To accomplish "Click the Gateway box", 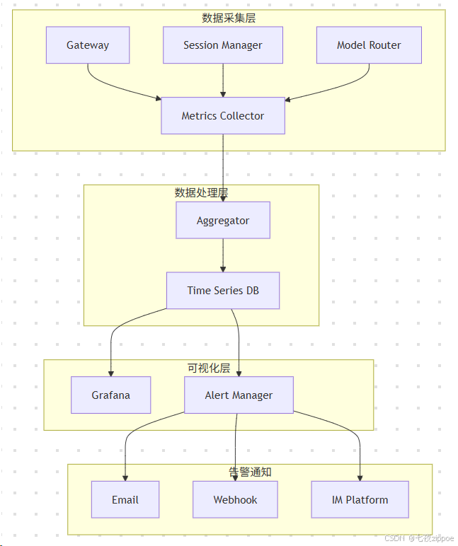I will coord(88,45).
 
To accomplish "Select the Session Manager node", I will coord(223,45).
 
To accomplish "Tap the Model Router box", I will coord(369,45).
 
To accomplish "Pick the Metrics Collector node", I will coord(223,116).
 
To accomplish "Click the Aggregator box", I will coord(223,221).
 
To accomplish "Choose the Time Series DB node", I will coord(223,291).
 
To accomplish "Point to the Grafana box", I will coord(111,395).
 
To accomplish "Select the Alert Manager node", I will coord(239,395).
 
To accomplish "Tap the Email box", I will coord(125,500).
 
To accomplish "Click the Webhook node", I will coord(235,500).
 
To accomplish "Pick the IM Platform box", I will coord(360,500).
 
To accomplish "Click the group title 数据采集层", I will coord(229,18).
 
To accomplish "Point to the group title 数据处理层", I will coord(201,192).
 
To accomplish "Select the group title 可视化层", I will coord(209,368).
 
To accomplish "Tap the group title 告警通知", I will coord(250,472).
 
